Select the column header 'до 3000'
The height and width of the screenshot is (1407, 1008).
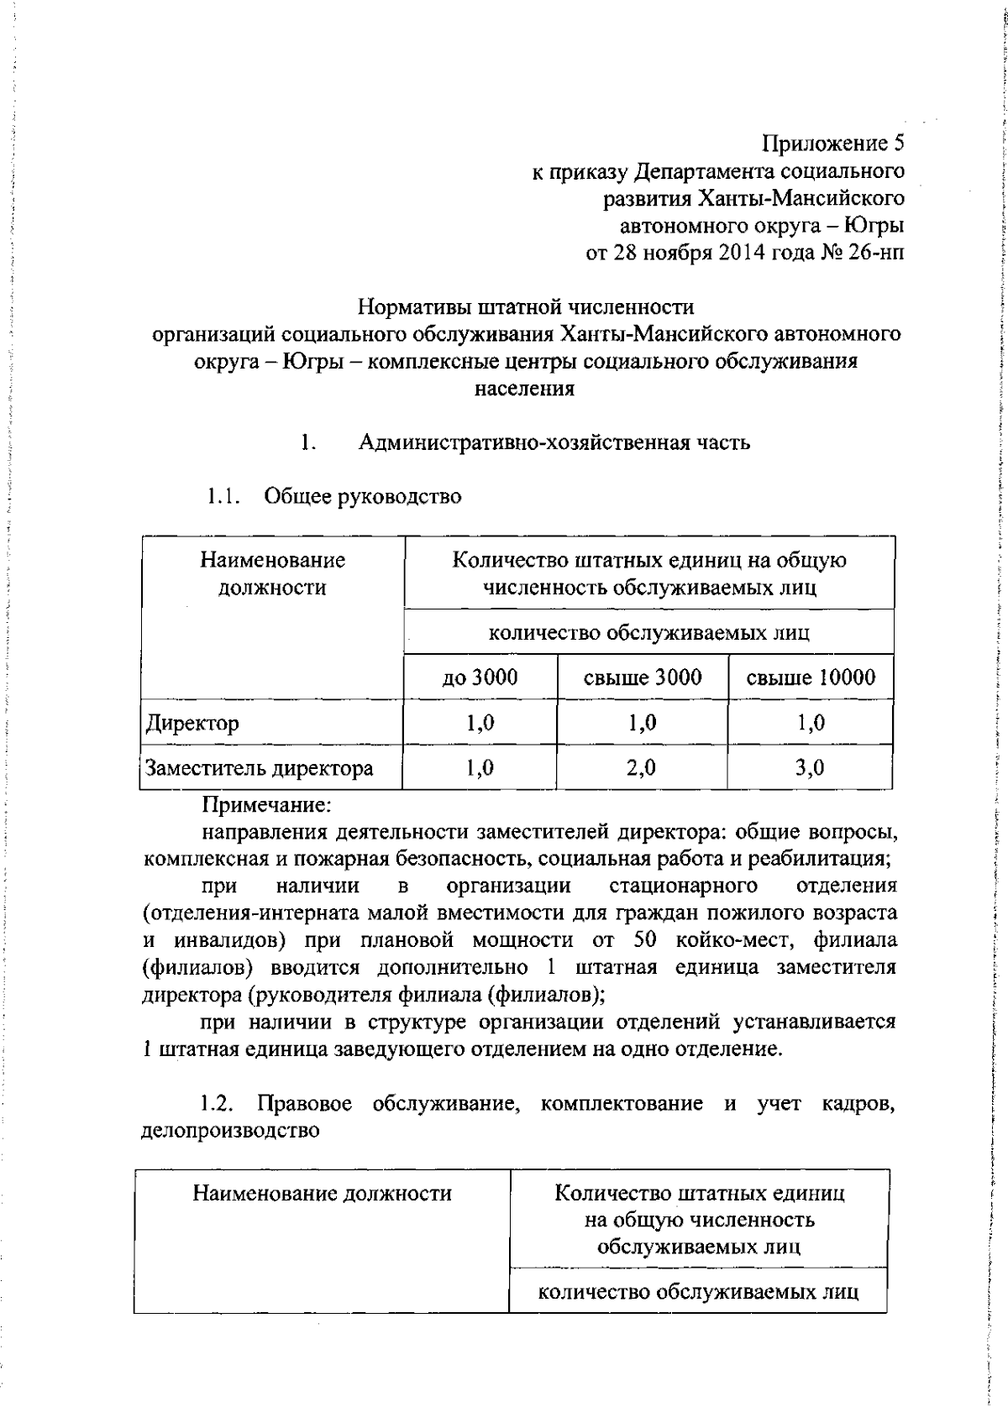point(480,677)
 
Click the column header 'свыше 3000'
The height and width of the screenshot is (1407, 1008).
point(643,677)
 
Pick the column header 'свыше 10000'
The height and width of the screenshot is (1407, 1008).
point(811,677)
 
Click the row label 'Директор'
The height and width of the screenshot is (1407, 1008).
point(192,723)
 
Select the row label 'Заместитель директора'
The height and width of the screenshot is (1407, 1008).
point(260,768)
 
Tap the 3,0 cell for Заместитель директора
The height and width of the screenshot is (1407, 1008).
point(810,768)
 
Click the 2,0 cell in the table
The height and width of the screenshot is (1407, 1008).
point(642,768)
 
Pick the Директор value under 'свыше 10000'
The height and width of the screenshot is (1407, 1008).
point(810,723)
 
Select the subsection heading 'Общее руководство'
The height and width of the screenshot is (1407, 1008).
point(363,496)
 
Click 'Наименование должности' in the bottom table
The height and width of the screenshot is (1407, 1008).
point(322,1193)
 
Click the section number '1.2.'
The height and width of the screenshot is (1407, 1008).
point(217,1103)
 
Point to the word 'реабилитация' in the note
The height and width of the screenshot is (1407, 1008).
point(825,860)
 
